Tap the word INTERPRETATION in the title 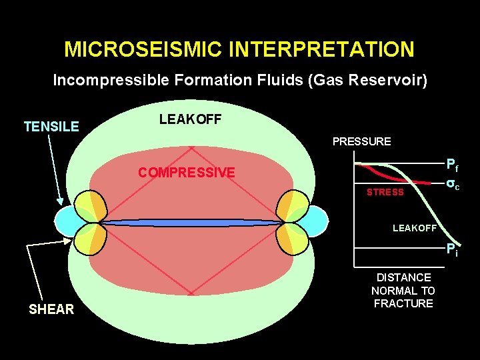click(x=320, y=49)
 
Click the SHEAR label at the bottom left click(x=51, y=309)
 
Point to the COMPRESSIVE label click(x=186, y=173)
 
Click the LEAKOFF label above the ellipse click(x=190, y=119)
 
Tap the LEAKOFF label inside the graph click(x=414, y=228)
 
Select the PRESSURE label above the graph click(x=361, y=141)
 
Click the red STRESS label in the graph click(x=385, y=192)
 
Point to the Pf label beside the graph click(x=452, y=165)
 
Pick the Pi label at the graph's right click(x=452, y=251)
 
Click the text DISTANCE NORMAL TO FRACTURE click(x=403, y=290)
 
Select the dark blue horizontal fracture click(x=190, y=222)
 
